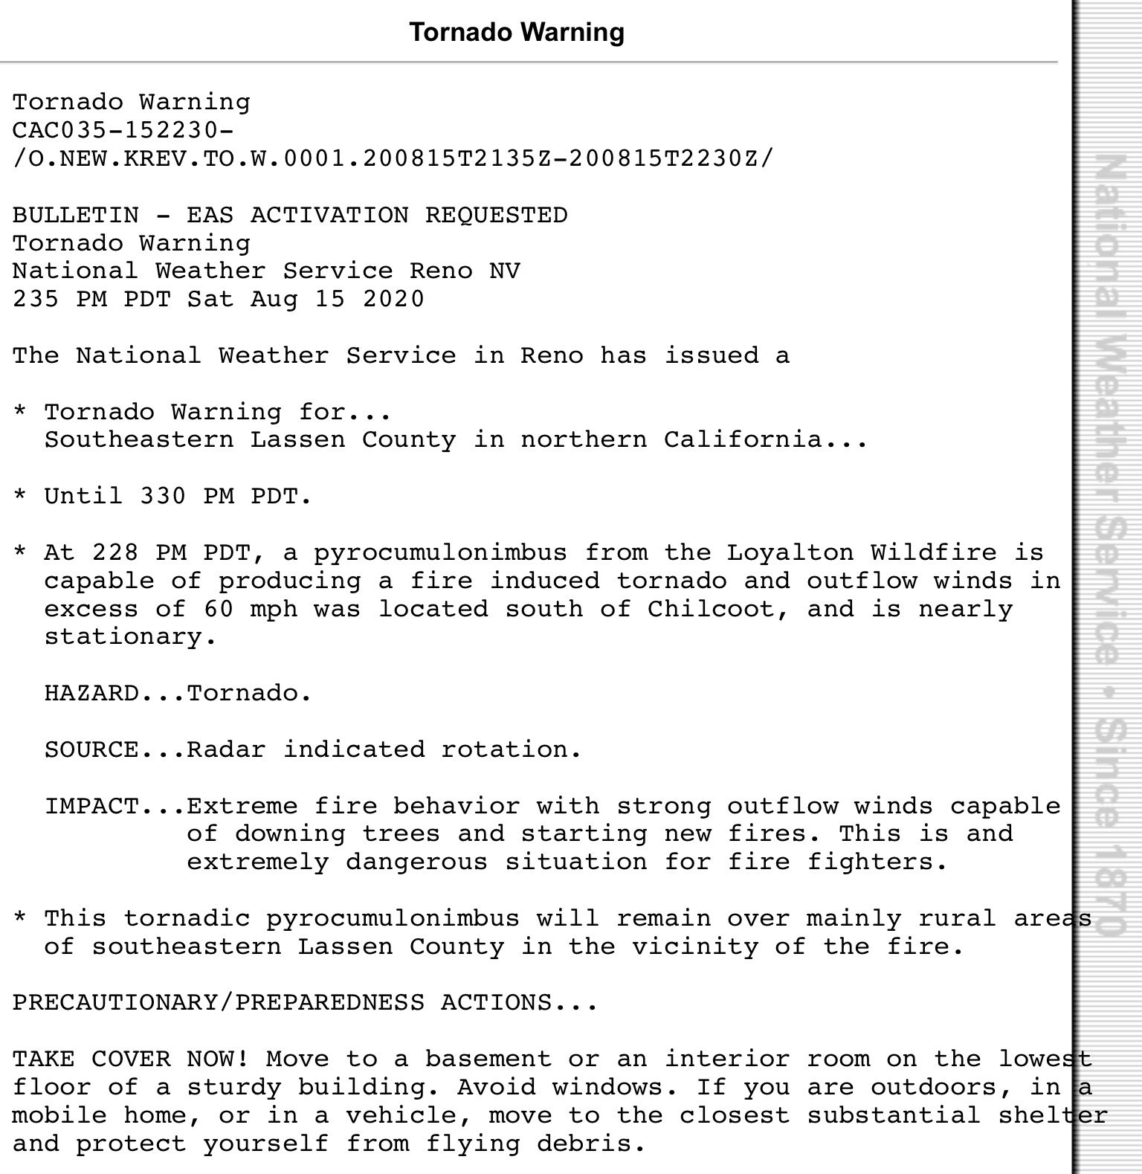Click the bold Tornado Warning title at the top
517,32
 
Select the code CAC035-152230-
123,130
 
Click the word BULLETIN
75,215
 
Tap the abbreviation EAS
210,215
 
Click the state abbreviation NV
505,271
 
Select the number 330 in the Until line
163,495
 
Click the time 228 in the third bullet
115,552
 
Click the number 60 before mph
219,609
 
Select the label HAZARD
91,693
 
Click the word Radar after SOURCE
226,749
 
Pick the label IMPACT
91,806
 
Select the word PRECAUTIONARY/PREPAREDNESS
219,1003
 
